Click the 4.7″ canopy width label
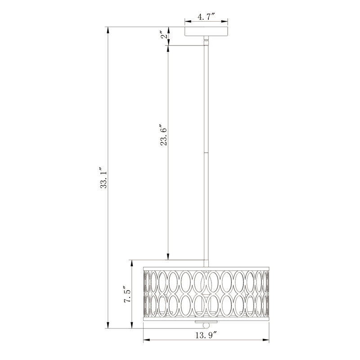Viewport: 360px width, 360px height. [206, 17]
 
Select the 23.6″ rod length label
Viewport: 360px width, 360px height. [164, 135]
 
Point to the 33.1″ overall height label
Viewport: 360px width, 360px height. [104, 177]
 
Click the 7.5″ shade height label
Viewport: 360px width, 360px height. [127, 294]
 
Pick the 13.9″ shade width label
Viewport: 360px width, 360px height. [206, 336]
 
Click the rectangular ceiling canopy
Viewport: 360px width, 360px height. [207, 31]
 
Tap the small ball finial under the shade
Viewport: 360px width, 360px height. [207, 326]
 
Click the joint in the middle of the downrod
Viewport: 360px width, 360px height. [207, 153]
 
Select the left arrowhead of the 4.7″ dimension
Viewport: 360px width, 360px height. [188, 22]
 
